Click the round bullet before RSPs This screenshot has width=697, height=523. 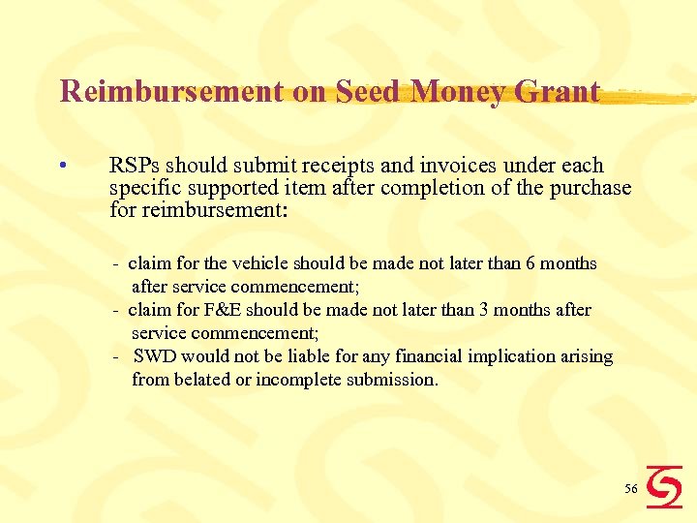[x=61, y=166]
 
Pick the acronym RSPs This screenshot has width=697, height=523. [x=135, y=166]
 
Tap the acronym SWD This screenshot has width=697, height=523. [x=156, y=356]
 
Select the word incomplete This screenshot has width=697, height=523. [x=298, y=380]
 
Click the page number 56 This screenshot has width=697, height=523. [x=630, y=489]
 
